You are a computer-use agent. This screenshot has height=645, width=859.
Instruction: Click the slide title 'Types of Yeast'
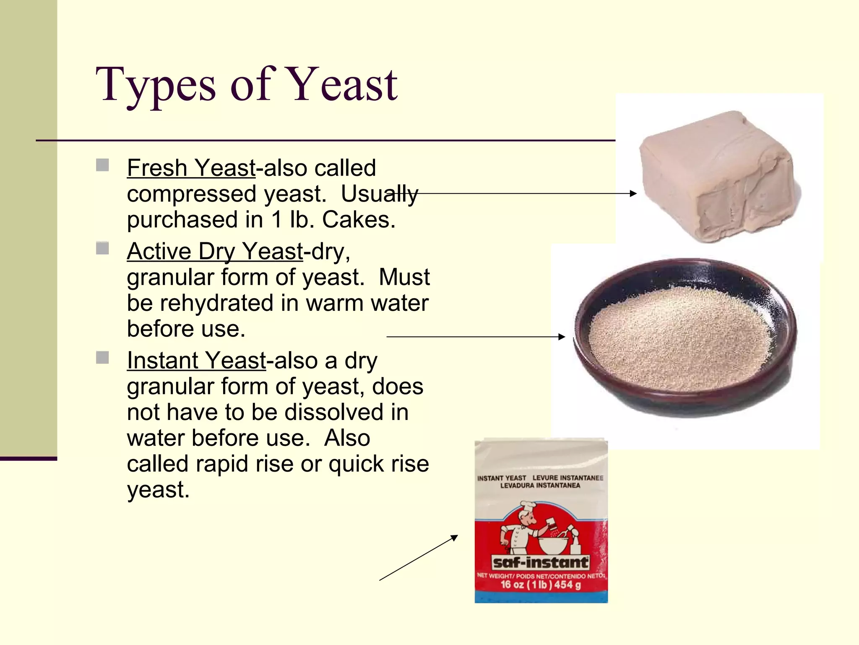pos(247,85)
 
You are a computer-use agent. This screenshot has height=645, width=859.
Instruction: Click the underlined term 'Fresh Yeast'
pos(191,168)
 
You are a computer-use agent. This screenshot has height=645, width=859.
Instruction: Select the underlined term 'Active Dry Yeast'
pos(214,251)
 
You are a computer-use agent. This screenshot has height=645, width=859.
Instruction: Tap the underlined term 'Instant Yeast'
pos(196,360)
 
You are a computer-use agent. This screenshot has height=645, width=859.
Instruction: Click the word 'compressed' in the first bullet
pos(192,194)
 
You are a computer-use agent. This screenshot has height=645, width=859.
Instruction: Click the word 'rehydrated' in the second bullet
pos(216,303)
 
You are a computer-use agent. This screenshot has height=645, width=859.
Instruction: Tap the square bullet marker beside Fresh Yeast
pos(102,165)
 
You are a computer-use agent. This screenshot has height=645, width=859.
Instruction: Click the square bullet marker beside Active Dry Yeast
pos(102,248)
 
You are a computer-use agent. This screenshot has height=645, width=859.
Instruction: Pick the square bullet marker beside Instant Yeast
pos(102,358)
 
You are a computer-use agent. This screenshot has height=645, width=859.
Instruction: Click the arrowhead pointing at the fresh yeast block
pos(633,194)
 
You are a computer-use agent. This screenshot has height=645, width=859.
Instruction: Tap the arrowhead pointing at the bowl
pos(562,337)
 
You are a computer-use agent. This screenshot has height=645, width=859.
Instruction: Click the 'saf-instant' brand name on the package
pos(540,563)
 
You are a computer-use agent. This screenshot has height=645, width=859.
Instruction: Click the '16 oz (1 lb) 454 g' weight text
pos(541,585)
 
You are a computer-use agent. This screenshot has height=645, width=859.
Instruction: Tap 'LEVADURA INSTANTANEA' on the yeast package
pos(540,486)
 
